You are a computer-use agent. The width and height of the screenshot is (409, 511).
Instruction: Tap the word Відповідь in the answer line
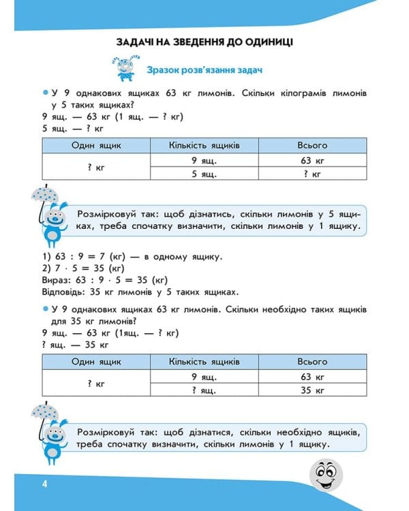(x=66, y=291)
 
